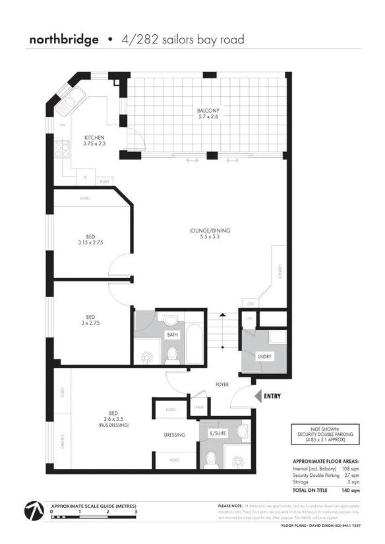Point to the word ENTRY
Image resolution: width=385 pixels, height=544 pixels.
[272, 396]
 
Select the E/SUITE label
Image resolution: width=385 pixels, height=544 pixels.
[216, 434]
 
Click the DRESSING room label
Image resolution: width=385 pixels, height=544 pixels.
[175, 434]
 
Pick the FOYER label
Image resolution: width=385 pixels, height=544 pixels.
[222, 384]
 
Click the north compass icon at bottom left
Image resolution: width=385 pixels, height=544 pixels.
[33, 512]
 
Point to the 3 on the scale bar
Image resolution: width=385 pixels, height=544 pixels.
[136, 511]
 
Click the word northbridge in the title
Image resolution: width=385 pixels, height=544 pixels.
[63, 40]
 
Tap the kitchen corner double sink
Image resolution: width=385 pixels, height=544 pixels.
[69, 104]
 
